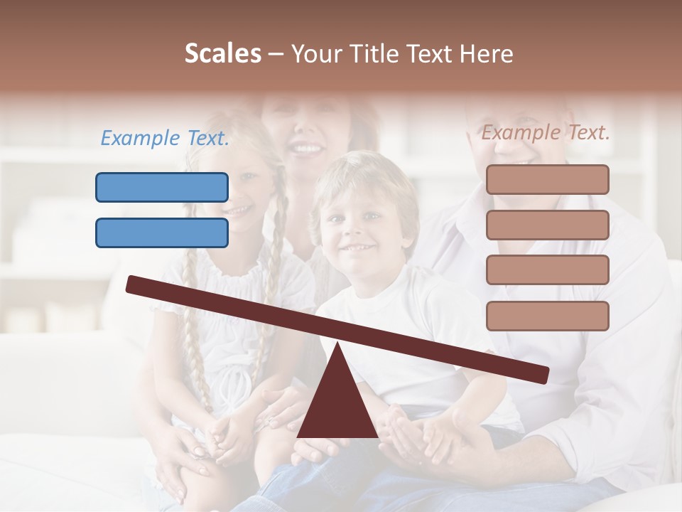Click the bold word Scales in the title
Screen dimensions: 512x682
click(222, 53)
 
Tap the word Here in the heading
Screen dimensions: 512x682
click(486, 53)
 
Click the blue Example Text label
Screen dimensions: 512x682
click(165, 139)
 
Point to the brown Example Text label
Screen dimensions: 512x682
click(546, 132)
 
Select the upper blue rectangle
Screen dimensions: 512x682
click(162, 187)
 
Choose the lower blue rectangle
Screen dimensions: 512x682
click(162, 233)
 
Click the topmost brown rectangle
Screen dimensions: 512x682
click(547, 179)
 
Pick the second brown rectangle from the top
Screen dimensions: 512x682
click(547, 225)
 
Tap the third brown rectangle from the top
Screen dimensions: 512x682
click(547, 270)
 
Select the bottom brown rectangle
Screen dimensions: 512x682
click(547, 316)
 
